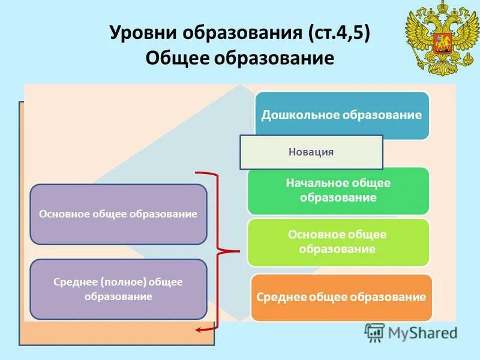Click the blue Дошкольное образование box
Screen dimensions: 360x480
click(x=342, y=115)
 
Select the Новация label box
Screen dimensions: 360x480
click(x=311, y=152)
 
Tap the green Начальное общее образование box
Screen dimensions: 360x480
click(x=338, y=190)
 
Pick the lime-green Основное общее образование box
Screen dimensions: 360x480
click(x=338, y=242)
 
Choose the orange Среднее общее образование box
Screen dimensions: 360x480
click(x=341, y=297)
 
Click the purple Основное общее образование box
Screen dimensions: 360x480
click(x=118, y=214)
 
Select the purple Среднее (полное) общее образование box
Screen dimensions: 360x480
click(x=118, y=289)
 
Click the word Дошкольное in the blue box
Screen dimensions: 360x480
click(x=299, y=115)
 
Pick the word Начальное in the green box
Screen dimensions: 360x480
click(x=314, y=183)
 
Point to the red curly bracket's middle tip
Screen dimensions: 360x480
click(x=239, y=250)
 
